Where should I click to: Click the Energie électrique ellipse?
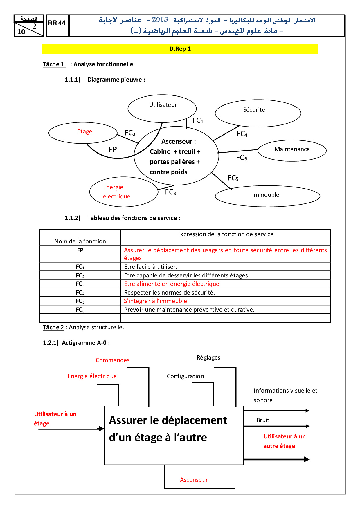point(124,192)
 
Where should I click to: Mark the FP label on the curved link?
point(113,149)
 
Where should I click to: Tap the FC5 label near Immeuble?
point(233,178)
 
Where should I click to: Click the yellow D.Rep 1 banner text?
point(180,49)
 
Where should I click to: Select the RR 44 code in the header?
point(57,23)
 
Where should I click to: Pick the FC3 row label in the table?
point(80,284)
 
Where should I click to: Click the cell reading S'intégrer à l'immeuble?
point(155,301)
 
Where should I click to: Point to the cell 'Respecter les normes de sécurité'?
point(169,293)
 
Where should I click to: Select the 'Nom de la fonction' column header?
point(80,241)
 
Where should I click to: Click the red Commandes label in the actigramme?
point(113,360)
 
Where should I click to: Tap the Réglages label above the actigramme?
point(208,358)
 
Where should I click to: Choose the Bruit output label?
point(263,420)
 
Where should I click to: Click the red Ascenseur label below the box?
point(194,480)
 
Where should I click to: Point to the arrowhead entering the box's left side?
point(101,429)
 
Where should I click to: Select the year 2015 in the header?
point(160,20)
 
